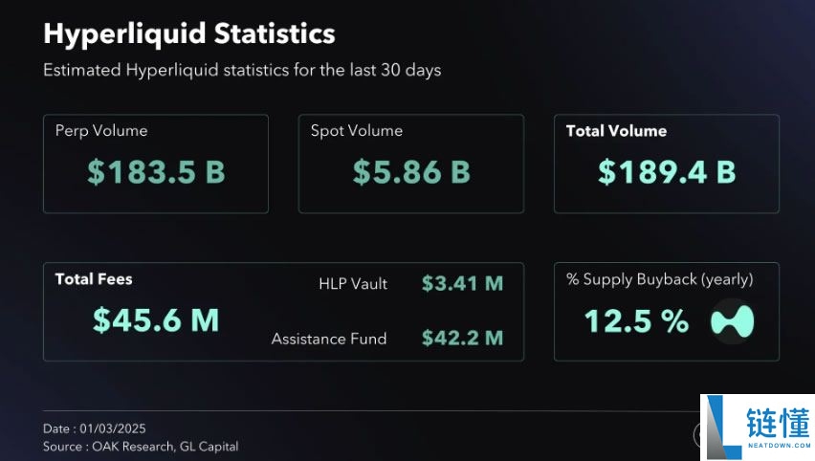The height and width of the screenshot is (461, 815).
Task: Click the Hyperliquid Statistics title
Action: point(189,33)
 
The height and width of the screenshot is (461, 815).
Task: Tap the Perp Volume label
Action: point(101,131)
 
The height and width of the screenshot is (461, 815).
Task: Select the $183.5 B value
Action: point(156,172)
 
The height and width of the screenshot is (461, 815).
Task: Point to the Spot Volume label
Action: point(357,131)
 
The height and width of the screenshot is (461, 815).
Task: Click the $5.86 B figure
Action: point(411,172)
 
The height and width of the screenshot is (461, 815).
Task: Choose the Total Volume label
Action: point(616,131)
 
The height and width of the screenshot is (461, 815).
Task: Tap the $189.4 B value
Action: point(667,172)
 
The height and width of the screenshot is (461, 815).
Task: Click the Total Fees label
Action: point(94,279)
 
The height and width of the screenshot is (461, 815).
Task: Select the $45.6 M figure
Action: point(156,320)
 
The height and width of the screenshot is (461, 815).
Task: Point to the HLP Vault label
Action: point(353,284)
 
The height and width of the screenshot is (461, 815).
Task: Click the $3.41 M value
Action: point(462,284)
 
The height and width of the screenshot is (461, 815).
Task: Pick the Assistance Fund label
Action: point(329,339)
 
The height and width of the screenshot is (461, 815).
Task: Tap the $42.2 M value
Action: point(462,339)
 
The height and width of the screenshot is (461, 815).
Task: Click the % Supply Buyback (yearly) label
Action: point(659,279)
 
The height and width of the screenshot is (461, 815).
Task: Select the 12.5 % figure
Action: point(636,321)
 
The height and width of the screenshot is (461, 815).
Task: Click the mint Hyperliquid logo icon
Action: point(732,321)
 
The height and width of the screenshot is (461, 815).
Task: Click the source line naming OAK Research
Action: point(141,447)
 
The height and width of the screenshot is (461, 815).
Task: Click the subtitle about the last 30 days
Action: point(242,71)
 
